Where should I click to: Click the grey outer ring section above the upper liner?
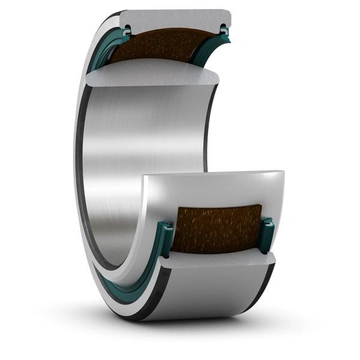(x=174, y=18)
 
